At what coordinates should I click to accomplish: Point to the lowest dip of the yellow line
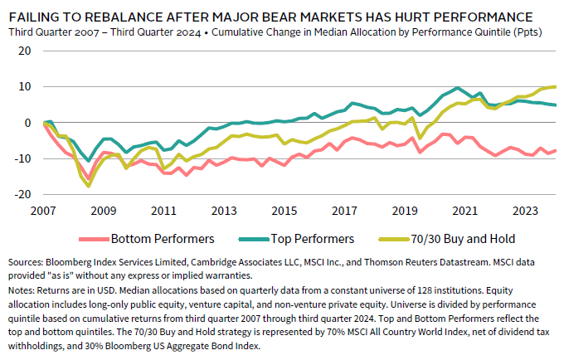coord(89,186)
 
